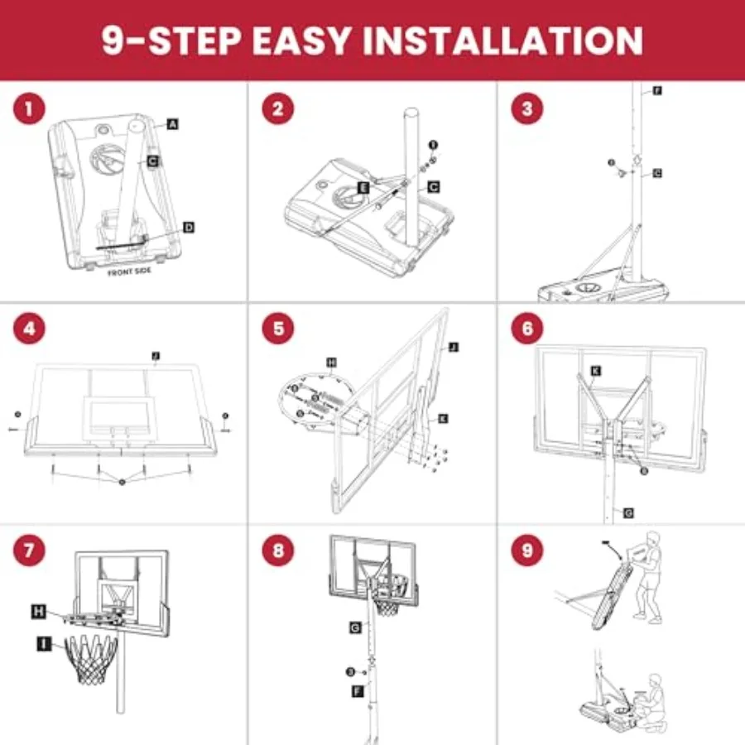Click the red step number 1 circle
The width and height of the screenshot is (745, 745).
pos(29,109)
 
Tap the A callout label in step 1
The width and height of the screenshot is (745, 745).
pos(172,124)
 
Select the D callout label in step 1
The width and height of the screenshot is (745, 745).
pos(188,227)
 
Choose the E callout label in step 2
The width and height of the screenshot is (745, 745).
pos(363,188)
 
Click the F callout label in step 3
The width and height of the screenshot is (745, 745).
pos(657,89)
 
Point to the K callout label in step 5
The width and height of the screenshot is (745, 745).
pos(443,420)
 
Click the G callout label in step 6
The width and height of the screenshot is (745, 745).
pos(628,513)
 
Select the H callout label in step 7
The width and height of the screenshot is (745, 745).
pos(39,612)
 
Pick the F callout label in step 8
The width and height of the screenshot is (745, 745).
pos(357,690)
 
